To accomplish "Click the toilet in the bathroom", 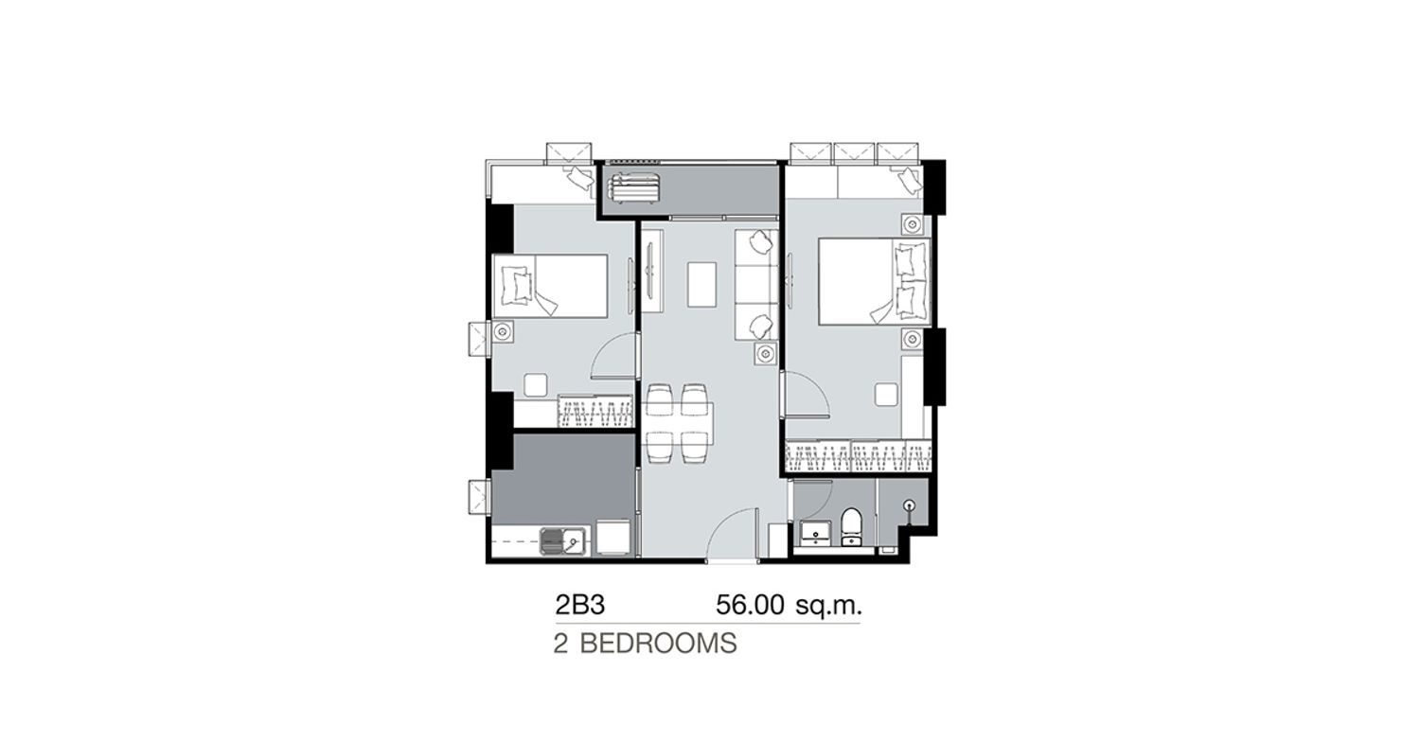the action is tap(851, 527).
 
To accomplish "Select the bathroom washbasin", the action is tap(812, 533).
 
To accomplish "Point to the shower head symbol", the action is tap(910, 505).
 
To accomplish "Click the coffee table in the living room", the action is tap(701, 285).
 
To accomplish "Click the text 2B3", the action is tap(580, 606).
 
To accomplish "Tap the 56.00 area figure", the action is tap(750, 606).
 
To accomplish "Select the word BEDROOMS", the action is tap(659, 645).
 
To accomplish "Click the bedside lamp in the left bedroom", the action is tap(503, 331).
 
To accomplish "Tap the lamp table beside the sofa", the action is tap(765, 353).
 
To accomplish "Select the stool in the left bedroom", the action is tap(536, 385).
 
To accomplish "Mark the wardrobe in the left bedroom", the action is tap(595, 411).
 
